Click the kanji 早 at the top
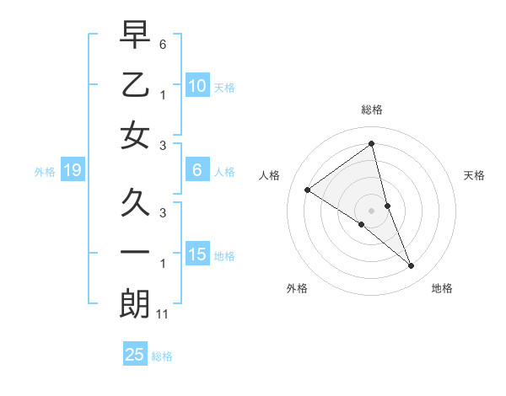click(x=135, y=35)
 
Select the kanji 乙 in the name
click(x=135, y=86)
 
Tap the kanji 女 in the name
click(x=135, y=136)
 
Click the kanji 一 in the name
click(x=135, y=254)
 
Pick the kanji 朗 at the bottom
click(x=135, y=304)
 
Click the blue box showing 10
click(x=196, y=86)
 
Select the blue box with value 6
click(x=196, y=171)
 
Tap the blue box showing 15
click(x=196, y=254)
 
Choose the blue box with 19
click(x=72, y=171)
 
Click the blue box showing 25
click(x=135, y=355)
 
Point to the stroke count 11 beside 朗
click(x=164, y=314)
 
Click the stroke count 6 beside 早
click(x=163, y=43)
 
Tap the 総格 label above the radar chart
click(x=372, y=110)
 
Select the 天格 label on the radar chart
click(x=475, y=175)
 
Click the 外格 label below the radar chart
click(x=297, y=288)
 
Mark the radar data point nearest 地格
click(x=412, y=266)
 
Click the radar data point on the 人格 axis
click(x=307, y=190)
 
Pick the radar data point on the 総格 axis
click(x=372, y=144)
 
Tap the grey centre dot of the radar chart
click(x=372, y=210)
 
